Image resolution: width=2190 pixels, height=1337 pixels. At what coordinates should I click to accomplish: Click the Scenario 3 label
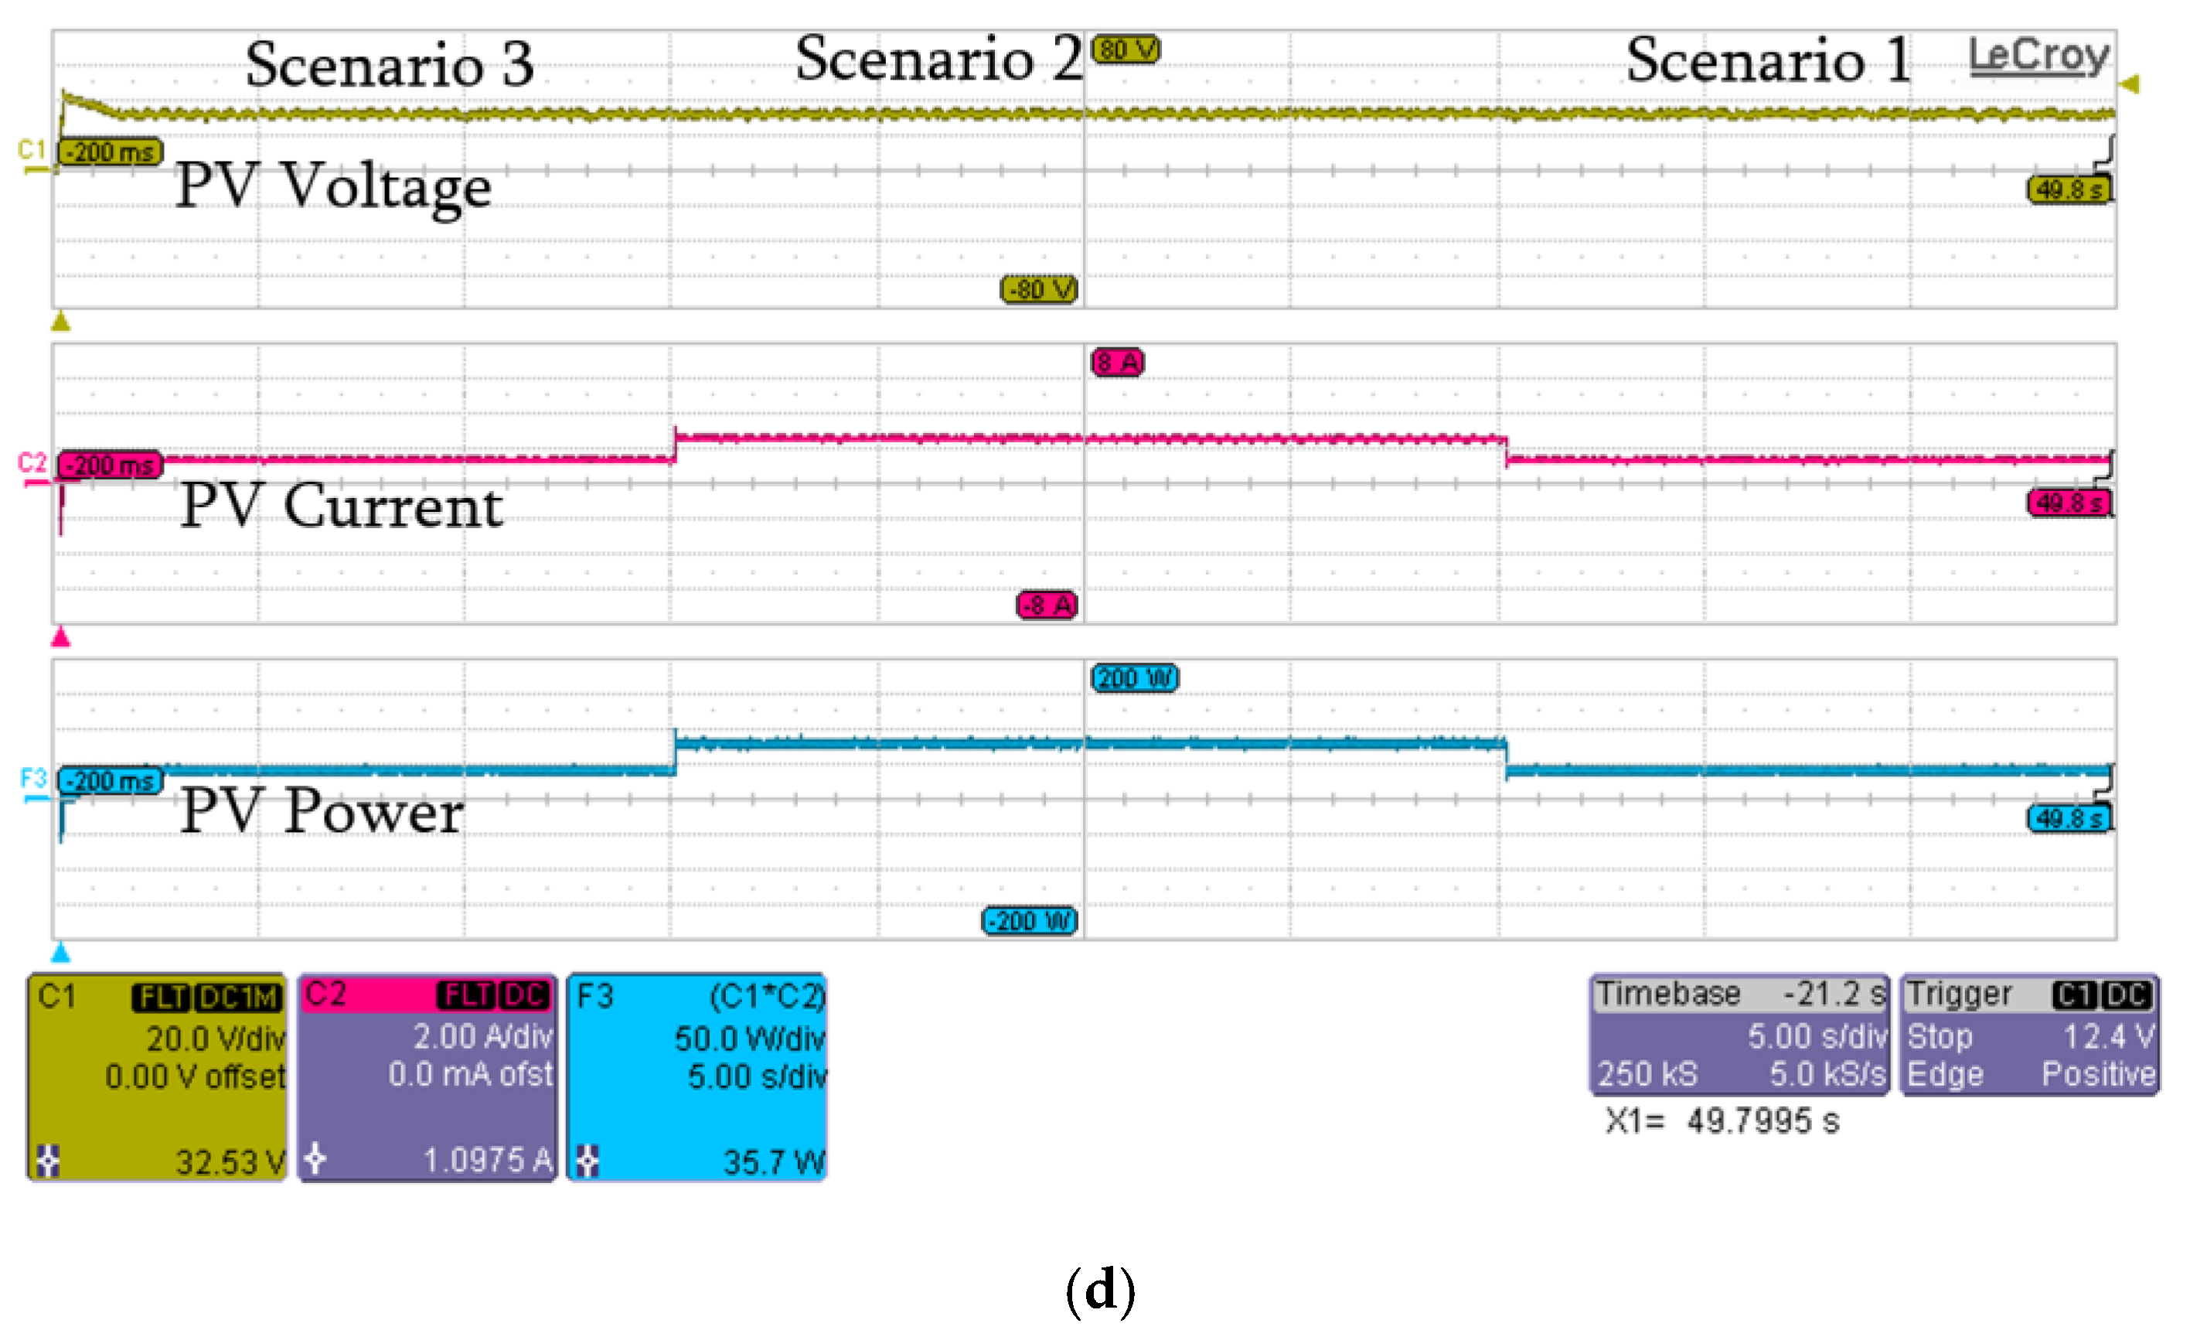point(390,64)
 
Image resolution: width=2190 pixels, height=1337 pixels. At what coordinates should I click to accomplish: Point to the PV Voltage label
point(332,186)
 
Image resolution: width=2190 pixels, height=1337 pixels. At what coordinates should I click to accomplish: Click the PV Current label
point(342,506)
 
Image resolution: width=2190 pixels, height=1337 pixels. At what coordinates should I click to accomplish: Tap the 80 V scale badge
point(1126,49)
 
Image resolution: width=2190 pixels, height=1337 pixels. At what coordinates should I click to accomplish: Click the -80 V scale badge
point(1039,289)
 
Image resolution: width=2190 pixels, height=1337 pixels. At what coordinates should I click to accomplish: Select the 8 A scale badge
point(1117,362)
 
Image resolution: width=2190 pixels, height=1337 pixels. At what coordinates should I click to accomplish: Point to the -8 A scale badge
point(1047,605)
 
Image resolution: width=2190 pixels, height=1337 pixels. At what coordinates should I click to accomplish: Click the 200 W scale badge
point(1134,678)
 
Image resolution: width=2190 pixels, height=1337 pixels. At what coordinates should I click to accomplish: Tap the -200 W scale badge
point(1029,920)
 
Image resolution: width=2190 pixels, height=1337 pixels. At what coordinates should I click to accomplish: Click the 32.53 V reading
point(230,1161)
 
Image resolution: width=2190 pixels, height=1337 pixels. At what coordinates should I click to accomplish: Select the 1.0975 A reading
point(487,1159)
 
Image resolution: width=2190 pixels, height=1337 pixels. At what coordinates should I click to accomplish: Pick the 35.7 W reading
point(773,1161)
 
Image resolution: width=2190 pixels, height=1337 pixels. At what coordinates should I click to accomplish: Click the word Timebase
point(1668,993)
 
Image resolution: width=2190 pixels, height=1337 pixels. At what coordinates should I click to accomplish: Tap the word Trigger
point(1959,993)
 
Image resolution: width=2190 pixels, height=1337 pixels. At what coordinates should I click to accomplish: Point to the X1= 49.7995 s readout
point(1722,1121)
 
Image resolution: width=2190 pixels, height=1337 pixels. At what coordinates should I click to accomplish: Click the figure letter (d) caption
point(1100,1290)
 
